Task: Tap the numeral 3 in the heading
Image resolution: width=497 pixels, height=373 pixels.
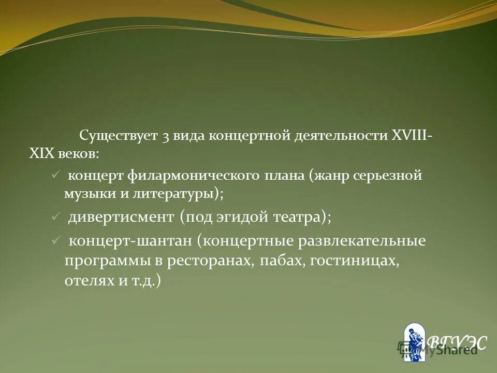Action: (166, 137)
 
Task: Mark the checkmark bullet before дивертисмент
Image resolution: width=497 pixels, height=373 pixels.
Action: (56, 217)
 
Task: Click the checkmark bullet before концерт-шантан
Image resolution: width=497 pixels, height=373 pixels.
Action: (56, 241)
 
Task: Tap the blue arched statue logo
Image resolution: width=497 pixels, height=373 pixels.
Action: (414, 341)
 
